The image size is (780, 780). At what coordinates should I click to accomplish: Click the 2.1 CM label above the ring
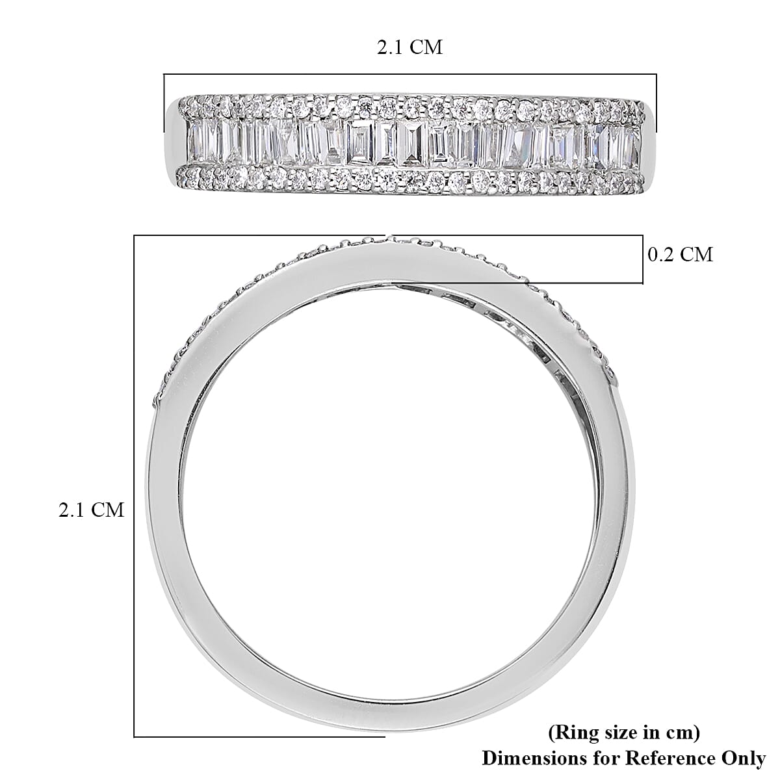(x=409, y=47)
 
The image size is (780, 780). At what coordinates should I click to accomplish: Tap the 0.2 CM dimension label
(x=681, y=254)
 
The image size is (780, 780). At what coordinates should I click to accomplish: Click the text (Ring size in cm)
(x=624, y=733)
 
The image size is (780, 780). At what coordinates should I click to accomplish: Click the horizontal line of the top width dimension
(x=409, y=75)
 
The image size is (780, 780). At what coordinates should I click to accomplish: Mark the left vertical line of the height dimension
(x=135, y=494)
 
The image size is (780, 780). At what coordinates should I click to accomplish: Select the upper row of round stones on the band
(x=409, y=105)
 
